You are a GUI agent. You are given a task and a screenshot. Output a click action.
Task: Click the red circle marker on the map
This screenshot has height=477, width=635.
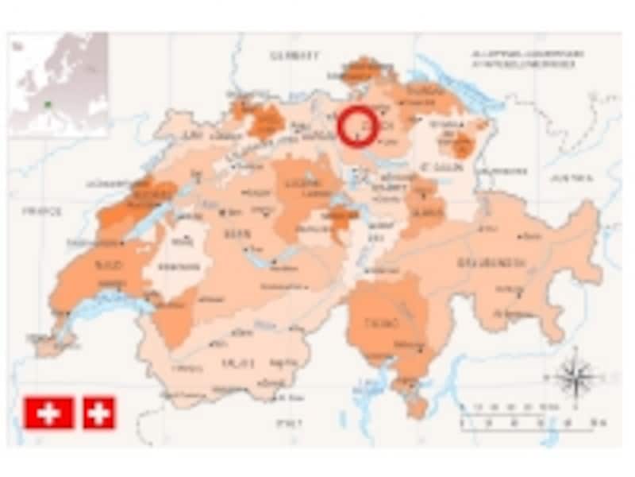coord(357,126)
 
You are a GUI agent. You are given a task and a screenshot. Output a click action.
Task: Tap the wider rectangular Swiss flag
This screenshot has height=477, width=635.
coord(48,413)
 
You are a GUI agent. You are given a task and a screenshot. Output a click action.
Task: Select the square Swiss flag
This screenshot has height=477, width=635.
coord(99,413)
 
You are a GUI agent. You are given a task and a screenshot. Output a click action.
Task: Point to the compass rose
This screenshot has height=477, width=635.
coord(577,377)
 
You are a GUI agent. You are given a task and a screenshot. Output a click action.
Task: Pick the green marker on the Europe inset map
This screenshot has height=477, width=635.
coord(48,103)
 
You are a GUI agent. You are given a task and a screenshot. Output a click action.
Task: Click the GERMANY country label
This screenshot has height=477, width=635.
coord(294,56)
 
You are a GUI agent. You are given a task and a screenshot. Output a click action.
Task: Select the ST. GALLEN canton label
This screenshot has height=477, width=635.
coord(436,168)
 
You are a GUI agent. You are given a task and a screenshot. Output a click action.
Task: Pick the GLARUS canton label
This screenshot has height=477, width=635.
coord(428,210)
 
